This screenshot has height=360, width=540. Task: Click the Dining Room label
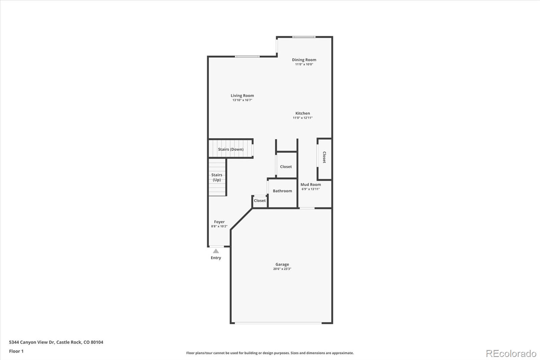[304, 60]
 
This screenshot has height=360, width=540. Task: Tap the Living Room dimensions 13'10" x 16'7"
[242, 100]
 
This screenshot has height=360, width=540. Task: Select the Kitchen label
[302, 113]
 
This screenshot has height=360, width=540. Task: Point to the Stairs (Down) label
[231, 149]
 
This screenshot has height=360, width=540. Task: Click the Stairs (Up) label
[217, 177]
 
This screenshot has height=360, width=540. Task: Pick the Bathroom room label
[282, 191]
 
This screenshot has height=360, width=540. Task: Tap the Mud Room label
[310, 184]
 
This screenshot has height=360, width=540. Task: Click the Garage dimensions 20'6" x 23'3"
[282, 269]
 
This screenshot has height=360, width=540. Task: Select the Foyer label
[219, 222]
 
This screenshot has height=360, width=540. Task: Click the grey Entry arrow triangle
[216, 251]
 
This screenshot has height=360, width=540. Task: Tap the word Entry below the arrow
[216, 258]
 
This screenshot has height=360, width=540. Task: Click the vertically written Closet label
[324, 157]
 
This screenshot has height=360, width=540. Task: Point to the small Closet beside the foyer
[260, 201]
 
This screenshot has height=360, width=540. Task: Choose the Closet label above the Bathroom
[286, 166]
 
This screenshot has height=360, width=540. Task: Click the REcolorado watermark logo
[511, 353]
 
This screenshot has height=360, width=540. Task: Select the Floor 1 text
[16, 351]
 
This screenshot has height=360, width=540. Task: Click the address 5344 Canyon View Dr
[56, 342]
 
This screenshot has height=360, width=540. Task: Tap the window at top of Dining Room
[304, 37]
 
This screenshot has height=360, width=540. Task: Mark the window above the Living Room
[247, 56]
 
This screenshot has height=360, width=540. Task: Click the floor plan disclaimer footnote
[270, 353]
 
